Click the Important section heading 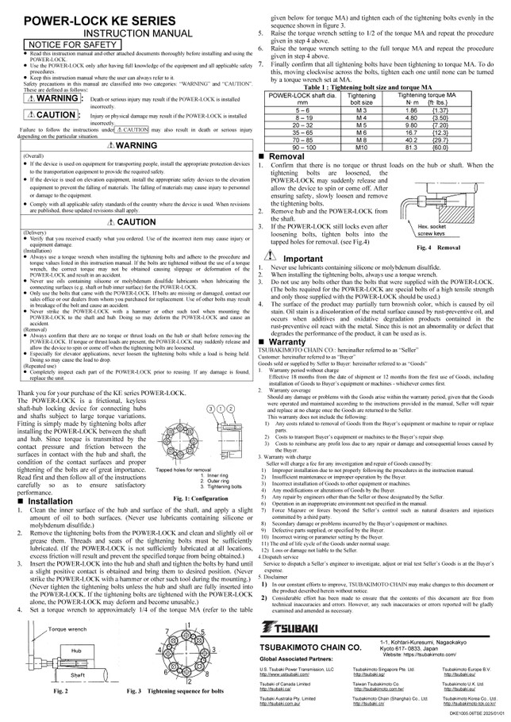(302, 259)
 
